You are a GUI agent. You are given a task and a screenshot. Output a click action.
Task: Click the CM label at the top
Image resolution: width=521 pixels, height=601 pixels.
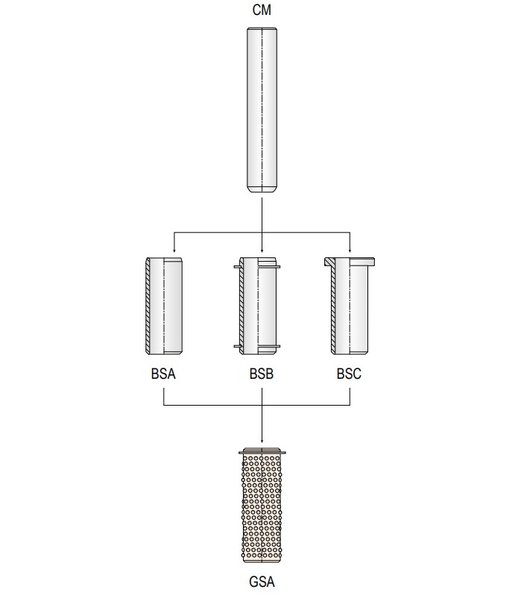pos(262,10)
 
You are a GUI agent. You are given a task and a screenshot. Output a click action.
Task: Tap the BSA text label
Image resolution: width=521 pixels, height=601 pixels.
pos(162,374)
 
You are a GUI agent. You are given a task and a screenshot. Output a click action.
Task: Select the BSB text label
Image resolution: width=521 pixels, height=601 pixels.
pos(262,374)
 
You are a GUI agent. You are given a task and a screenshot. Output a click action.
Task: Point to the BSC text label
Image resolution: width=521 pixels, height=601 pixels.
pos(349,374)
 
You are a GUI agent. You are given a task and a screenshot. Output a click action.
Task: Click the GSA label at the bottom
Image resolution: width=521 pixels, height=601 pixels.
pos(262,582)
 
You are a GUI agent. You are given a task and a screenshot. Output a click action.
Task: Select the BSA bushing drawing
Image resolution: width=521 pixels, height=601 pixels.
pos(164,306)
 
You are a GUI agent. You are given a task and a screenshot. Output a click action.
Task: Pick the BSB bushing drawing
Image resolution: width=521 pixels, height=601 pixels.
pos(259,306)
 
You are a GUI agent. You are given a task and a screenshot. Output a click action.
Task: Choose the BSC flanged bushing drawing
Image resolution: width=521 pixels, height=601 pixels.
pos(348,306)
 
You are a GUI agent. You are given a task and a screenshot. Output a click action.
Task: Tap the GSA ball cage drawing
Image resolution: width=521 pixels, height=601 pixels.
pos(262,507)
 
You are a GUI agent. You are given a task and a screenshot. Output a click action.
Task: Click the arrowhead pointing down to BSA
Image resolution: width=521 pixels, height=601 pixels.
pos(174,251)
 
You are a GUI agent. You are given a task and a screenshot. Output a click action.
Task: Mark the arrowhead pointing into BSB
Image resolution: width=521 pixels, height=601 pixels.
pos(262,251)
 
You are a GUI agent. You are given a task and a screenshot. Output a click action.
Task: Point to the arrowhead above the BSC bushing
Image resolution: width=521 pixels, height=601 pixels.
pos(350,251)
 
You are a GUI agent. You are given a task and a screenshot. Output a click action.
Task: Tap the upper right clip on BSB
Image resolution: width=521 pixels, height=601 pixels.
pos(279,265)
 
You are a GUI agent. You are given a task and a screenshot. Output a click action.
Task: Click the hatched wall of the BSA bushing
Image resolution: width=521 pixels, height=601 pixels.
pos(149,306)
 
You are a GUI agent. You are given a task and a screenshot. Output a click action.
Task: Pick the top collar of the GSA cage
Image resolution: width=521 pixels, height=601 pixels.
pos(262,452)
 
